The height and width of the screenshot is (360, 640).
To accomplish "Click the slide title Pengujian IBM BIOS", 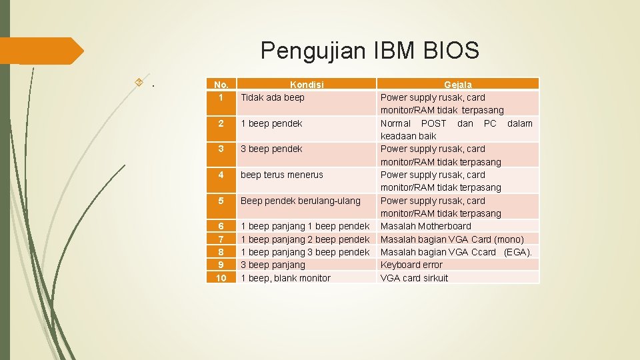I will [369, 50].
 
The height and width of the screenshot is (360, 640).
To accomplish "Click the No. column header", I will [221, 85].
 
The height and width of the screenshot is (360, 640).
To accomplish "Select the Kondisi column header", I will [307, 85].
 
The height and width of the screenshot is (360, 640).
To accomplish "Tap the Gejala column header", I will [458, 85].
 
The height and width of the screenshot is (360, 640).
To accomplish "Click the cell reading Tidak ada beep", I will [273, 97].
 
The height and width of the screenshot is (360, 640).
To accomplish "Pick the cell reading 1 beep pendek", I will [271, 123].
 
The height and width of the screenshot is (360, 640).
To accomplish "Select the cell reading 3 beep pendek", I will [271, 149].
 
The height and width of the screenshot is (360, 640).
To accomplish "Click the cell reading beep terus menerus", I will [281, 175].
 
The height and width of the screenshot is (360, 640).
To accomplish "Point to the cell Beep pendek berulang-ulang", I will [300, 201].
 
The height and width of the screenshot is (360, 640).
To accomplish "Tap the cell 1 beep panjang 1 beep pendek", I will [305, 226].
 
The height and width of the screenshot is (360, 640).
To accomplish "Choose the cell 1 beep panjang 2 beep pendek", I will [305, 239].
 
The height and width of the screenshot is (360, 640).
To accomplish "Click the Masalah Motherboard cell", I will [425, 226].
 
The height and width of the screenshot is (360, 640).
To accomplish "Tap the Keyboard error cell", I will [411, 265].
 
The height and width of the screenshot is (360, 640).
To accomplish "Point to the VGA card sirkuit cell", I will [414, 278].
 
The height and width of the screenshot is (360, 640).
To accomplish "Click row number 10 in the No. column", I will [221, 278].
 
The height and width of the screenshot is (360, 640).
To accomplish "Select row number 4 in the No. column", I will [221, 175].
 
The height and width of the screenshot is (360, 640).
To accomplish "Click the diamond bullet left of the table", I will [139, 83].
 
